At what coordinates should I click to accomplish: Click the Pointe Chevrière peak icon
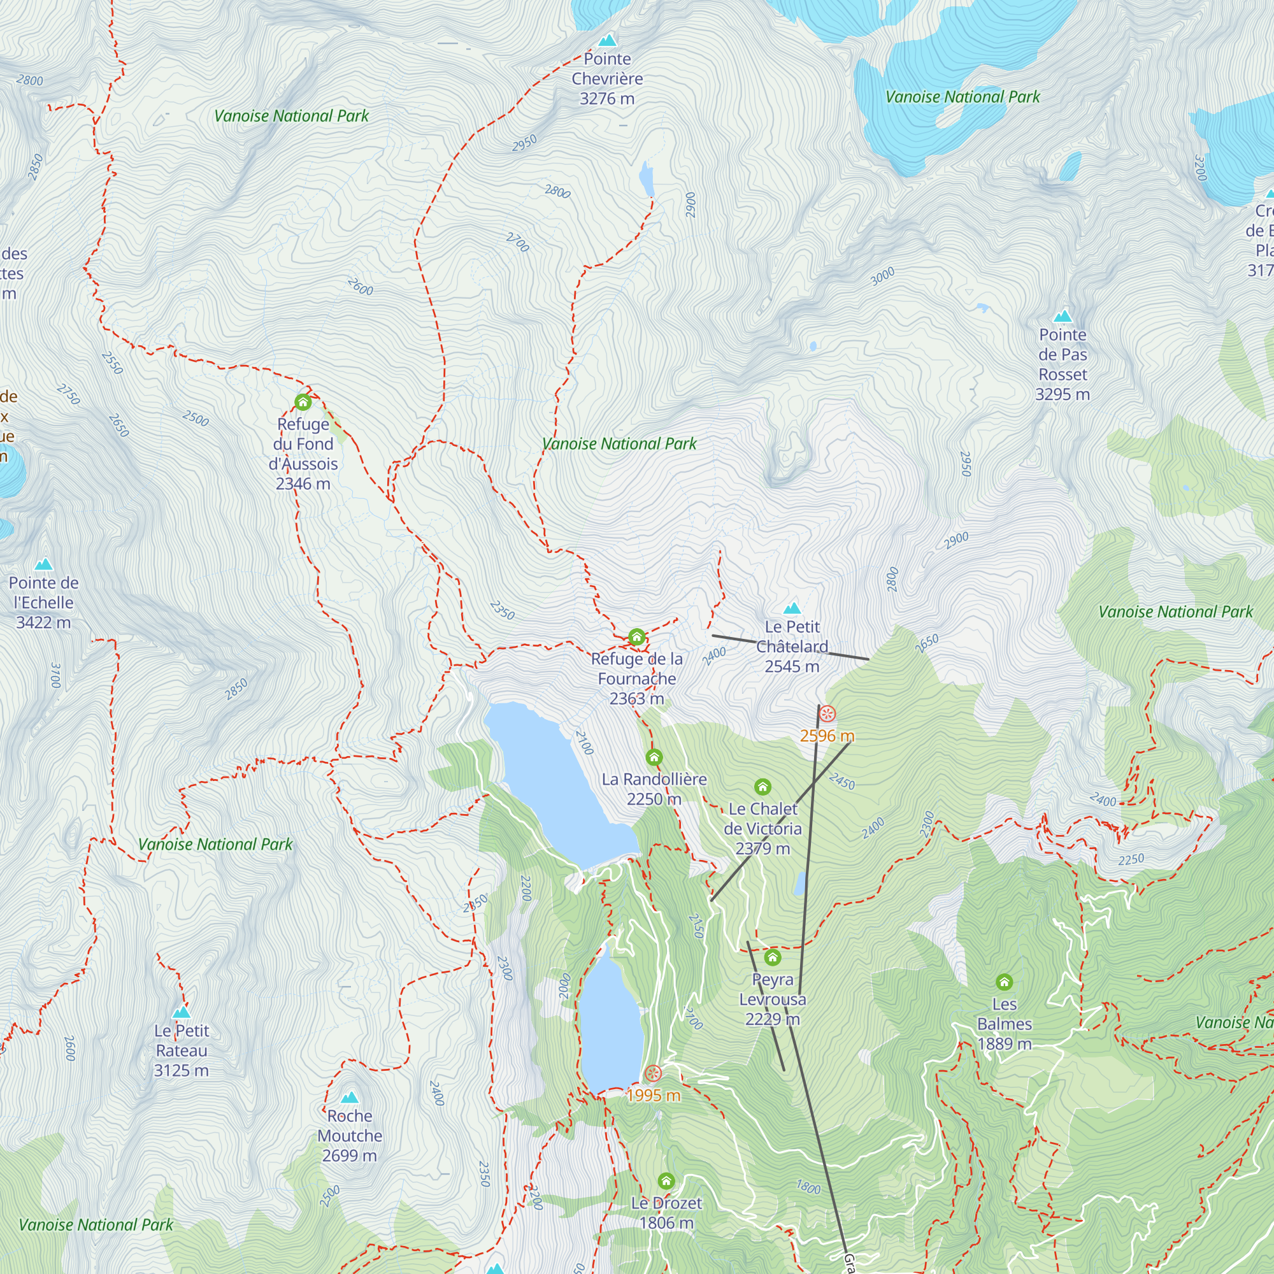tap(607, 40)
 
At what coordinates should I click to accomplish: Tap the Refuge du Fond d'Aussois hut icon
tap(303, 401)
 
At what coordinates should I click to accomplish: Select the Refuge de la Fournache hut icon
tap(636, 637)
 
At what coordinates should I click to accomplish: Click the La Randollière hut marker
tap(654, 757)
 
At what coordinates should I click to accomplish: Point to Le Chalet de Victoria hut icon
tap(762, 787)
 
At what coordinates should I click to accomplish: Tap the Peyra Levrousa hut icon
tap(772, 957)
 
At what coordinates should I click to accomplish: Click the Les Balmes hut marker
tap(1004, 982)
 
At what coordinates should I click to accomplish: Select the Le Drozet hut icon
tap(666, 1180)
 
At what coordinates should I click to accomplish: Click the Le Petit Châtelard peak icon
tap(792, 608)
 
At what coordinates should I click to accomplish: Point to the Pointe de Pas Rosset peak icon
tap(1063, 316)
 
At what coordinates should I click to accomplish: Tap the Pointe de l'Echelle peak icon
tap(43, 564)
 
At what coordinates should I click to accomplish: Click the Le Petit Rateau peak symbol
tap(182, 1012)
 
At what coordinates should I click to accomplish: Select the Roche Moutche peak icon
tap(350, 1098)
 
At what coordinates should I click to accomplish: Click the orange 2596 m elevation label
tap(827, 736)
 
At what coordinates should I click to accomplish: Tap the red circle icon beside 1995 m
tap(652, 1073)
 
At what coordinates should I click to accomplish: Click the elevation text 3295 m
tap(1062, 394)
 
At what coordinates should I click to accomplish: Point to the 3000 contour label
tap(882, 276)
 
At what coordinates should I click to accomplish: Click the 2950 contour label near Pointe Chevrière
tap(524, 143)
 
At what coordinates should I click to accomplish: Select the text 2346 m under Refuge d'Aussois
tap(303, 483)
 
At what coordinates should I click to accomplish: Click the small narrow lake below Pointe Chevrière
tap(646, 178)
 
